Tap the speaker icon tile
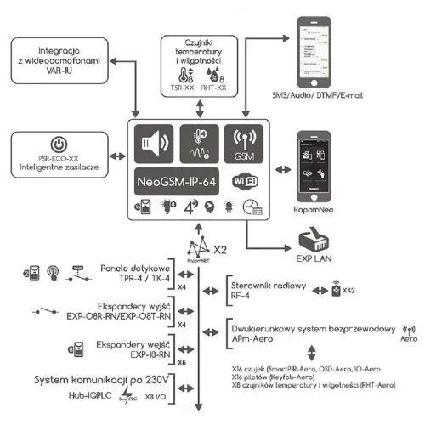(154, 144)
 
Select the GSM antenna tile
(244, 144)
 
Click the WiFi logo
(244, 181)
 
